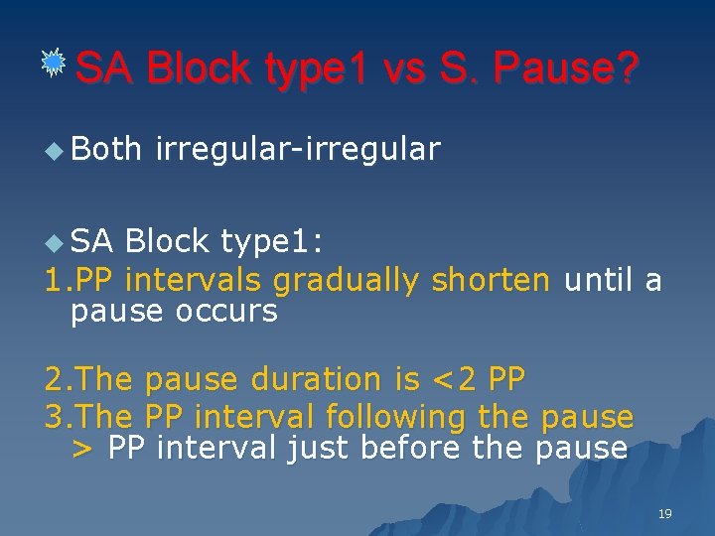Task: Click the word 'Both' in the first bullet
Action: point(106,149)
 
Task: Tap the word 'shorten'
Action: point(491,281)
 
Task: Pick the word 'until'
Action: point(599,281)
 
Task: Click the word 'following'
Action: point(392,417)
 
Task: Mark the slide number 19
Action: point(665,513)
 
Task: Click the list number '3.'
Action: point(59,417)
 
